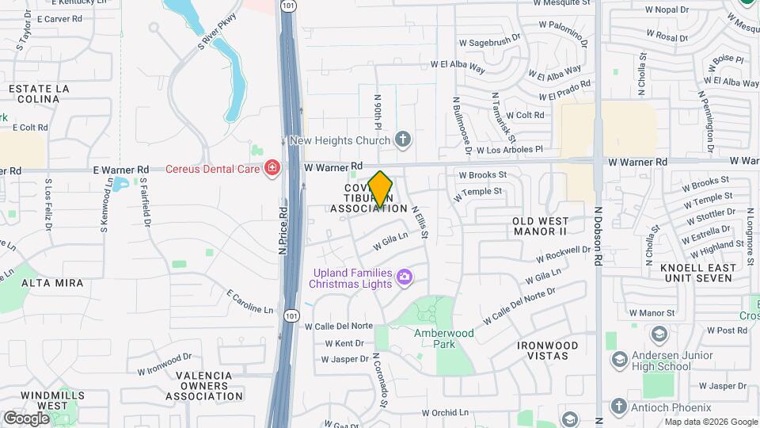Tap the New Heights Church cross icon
click(403, 140)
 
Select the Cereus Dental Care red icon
click(272, 168)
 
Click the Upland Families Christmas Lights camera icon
click(405, 277)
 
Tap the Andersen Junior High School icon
click(620, 361)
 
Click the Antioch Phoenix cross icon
click(620, 407)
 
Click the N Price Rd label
click(282, 231)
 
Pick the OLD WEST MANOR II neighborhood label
click(541, 226)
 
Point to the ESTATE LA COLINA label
click(34, 94)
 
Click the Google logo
click(27, 418)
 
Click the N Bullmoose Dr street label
click(462, 126)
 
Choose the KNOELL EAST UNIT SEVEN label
click(698, 273)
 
